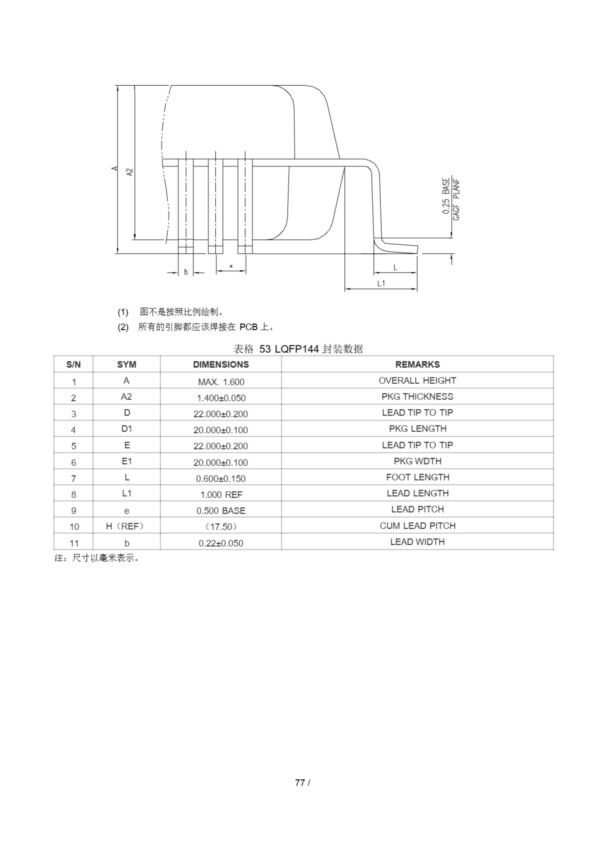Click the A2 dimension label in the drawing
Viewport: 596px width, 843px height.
[x=130, y=172]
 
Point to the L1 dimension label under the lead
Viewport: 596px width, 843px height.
[x=381, y=283]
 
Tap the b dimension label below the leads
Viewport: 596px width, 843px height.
[x=186, y=272]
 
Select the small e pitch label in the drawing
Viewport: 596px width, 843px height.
[x=231, y=266]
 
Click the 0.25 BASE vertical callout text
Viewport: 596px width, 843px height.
[x=446, y=196]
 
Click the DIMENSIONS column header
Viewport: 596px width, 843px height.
[x=221, y=364]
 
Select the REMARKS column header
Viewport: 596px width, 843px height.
[x=417, y=364]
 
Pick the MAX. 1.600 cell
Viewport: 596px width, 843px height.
[x=221, y=382]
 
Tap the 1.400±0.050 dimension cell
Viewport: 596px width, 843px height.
[x=221, y=398]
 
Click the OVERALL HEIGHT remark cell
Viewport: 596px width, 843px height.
[x=417, y=380]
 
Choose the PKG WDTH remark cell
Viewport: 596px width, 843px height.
[x=417, y=461]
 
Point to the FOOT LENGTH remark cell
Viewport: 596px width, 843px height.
[x=417, y=477]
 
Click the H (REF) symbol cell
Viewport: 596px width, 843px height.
[x=126, y=526]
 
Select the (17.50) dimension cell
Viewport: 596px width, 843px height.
[x=221, y=527]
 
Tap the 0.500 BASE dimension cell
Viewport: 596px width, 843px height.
[x=221, y=510]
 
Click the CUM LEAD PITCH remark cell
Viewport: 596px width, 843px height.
[x=417, y=526]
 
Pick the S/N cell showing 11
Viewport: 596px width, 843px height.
[x=74, y=543]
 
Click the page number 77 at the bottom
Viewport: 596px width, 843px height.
[x=300, y=782]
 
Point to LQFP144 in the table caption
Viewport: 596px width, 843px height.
[x=296, y=349]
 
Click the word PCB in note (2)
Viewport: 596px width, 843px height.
[x=248, y=327]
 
